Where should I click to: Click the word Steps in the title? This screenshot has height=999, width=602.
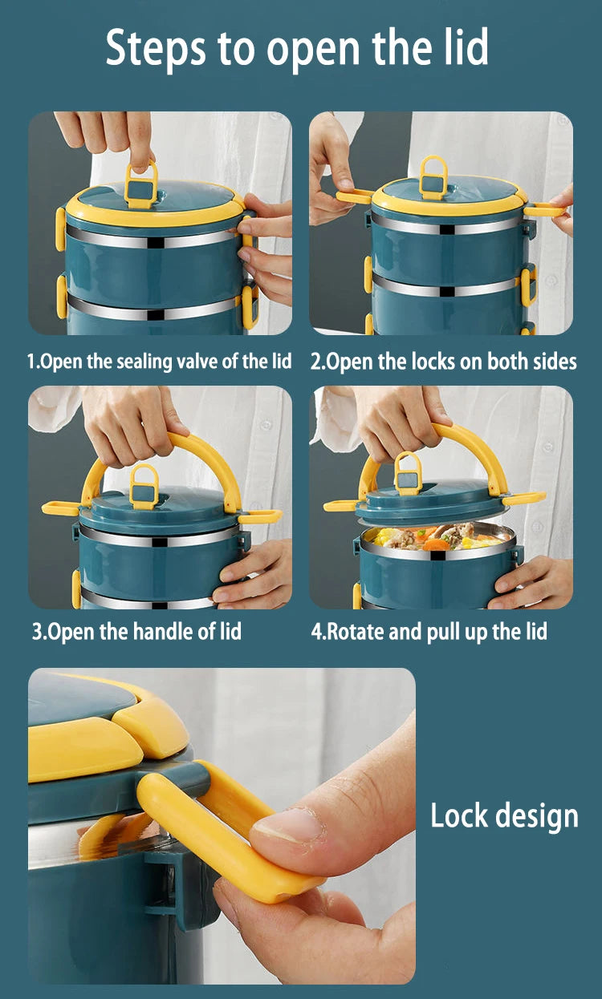coord(156,47)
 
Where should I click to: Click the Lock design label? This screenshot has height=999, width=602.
coord(504,816)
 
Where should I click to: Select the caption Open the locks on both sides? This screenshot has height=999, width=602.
coord(443,362)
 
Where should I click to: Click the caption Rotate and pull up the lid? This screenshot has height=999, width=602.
coord(429,632)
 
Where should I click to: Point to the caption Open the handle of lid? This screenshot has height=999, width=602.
coord(136,632)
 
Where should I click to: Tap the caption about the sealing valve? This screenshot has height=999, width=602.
coord(160,362)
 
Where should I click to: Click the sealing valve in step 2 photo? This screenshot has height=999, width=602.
coord(433,177)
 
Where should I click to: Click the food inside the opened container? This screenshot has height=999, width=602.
coord(437,536)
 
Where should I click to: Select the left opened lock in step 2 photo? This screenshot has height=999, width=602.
coord(353,196)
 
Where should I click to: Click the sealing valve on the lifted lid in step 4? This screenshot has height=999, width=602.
coord(409,473)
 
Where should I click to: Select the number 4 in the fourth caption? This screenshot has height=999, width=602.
coord(316,632)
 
